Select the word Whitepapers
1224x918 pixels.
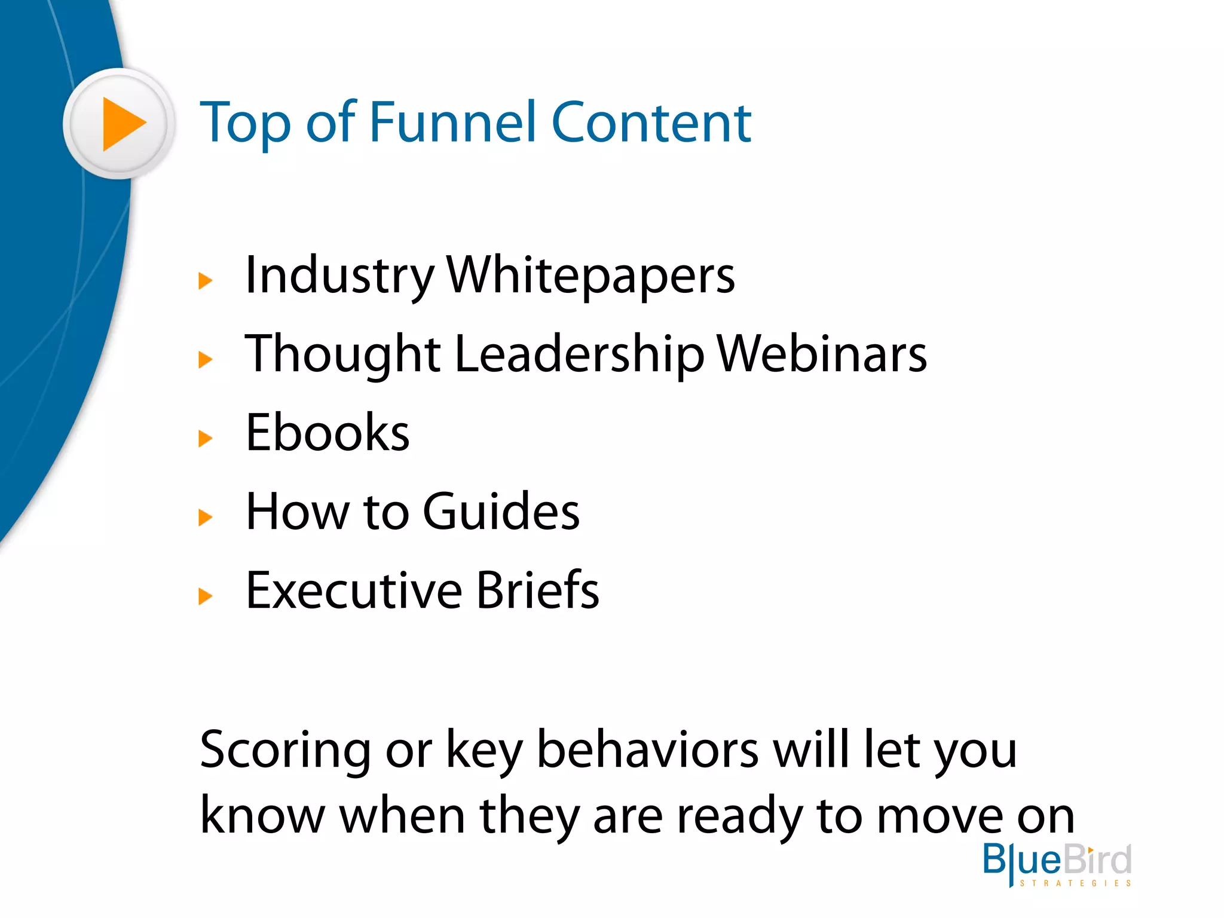point(590,276)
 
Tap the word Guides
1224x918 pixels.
point(501,512)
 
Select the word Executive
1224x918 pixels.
point(354,590)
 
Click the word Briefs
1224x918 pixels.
point(537,590)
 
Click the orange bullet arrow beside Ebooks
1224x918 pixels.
point(205,439)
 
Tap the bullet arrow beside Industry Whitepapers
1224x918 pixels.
point(205,280)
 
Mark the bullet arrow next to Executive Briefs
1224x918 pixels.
point(205,596)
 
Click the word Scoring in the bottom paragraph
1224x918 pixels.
point(284,751)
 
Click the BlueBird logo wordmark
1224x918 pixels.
point(1057,859)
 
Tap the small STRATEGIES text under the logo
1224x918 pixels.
point(1075,883)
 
